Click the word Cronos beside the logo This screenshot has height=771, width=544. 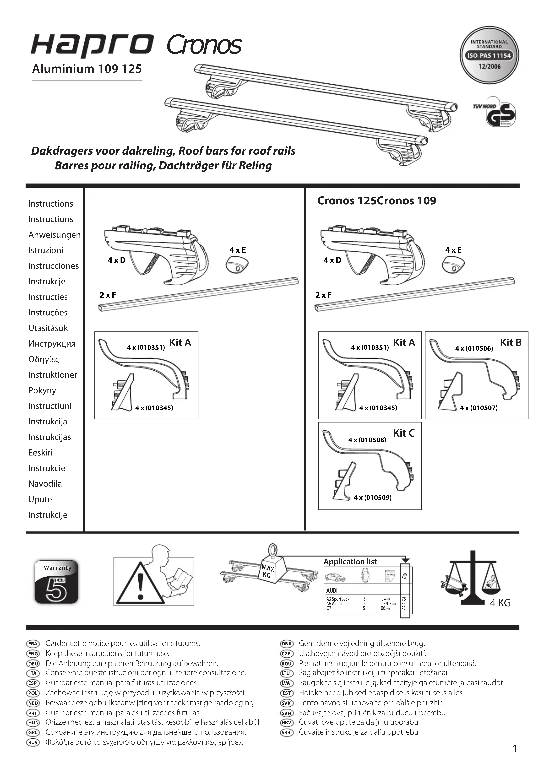(204, 45)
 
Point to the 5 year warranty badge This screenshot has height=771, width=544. (56, 582)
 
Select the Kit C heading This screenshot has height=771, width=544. (404, 433)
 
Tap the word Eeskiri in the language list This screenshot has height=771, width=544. (40, 453)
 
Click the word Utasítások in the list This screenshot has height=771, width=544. (48, 328)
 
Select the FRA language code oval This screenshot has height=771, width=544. (33, 644)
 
